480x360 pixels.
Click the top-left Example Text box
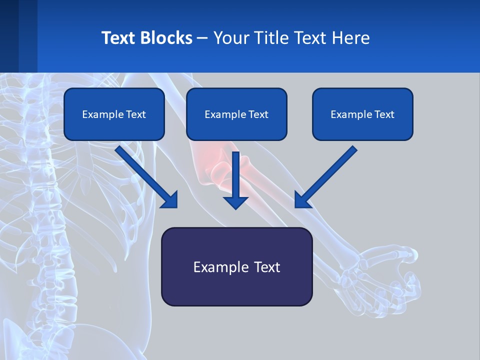pyautogui.click(x=114, y=114)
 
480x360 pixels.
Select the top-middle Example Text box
pyautogui.click(x=236, y=114)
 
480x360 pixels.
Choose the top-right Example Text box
pyautogui.click(x=362, y=114)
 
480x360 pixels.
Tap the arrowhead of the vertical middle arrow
pyautogui.click(x=235, y=202)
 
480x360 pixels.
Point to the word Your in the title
pyautogui.click(x=229, y=38)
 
